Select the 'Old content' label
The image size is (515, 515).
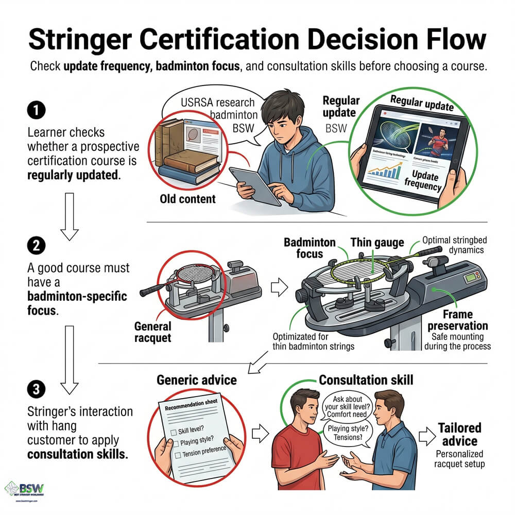(x=186, y=199)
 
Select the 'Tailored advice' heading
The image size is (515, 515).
(x=459, y=435)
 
